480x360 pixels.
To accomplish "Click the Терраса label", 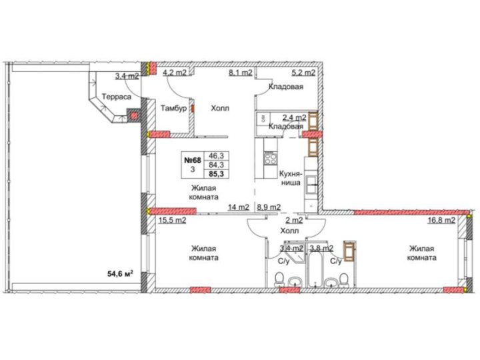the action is (116, 97).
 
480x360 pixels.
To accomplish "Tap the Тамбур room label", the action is (173, 108).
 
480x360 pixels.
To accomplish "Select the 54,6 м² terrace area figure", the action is (120, 274).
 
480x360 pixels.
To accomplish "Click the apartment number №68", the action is (192, 160).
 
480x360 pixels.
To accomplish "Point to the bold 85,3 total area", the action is (216, 174).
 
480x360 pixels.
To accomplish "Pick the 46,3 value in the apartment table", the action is (216, 155).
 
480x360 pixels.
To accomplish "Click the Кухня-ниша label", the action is (291, 178).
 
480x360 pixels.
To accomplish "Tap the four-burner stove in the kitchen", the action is (270, 158).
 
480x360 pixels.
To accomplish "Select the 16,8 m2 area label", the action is (441, 220).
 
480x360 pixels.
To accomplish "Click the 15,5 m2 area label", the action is (172, 220).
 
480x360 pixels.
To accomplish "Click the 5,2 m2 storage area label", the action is (303, 73).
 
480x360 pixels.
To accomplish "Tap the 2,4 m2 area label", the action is (294, 117).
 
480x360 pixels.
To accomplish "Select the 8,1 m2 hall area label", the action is (241, 73).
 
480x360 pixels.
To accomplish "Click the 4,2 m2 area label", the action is (175, 73).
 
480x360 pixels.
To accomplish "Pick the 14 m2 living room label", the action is (239, 207).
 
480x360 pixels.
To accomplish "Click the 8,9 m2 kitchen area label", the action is (269, 207).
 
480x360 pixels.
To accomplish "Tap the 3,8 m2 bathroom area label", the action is (321, 248).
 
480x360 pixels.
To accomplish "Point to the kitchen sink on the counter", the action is (311, 185).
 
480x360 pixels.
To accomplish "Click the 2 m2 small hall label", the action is (294, 220).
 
